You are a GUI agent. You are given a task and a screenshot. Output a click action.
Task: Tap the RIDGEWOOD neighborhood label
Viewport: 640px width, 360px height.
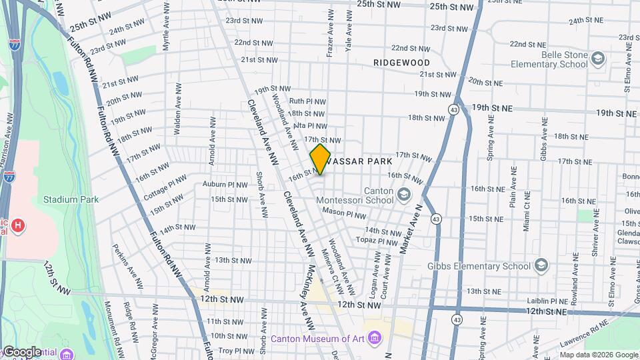401,62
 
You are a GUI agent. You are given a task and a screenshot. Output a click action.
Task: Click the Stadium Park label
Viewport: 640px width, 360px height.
71,199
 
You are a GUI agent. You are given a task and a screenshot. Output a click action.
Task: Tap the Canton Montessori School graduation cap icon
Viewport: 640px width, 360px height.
403,194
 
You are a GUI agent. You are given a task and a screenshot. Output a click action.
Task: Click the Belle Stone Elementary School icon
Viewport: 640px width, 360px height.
598,59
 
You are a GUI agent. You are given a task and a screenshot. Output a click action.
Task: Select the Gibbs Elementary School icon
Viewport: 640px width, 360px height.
541,266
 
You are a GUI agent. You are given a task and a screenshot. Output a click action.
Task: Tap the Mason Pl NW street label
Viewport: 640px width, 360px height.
344,215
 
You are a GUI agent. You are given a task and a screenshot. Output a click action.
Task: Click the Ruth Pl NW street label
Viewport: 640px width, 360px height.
307,101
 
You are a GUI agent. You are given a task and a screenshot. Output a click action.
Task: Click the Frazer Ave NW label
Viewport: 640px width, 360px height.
329,23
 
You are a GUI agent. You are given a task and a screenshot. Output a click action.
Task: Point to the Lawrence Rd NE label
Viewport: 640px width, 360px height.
584,329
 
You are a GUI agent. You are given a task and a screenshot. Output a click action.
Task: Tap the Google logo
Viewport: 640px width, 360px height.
22,351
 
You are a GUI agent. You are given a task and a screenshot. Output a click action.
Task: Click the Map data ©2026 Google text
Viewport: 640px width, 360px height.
599,355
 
